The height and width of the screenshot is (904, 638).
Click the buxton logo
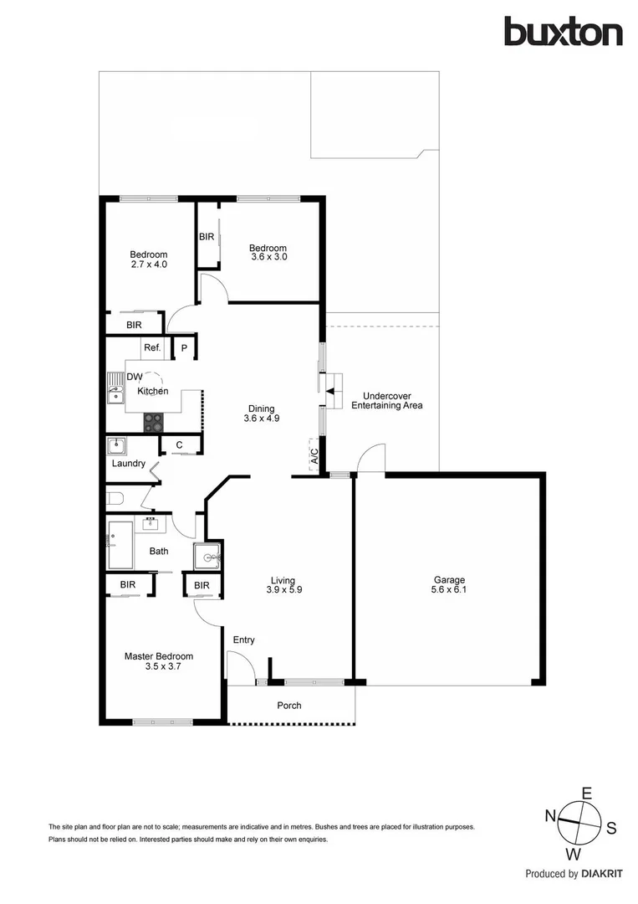coord(562,32)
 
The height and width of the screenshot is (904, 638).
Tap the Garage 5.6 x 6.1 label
coord(448,585)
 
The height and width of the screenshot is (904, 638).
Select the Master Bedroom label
coord(159,662)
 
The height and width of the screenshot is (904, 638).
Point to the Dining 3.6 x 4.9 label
coord(259,413)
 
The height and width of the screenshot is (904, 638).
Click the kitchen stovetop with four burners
coord(154,422)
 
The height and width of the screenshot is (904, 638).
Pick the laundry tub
coord(116,446)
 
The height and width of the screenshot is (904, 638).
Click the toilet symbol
coord(115,500)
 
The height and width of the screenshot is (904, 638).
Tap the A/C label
coord(314,457)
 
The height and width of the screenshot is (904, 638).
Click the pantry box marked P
coord(184,347)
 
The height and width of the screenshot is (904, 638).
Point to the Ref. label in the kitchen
coord(151,347)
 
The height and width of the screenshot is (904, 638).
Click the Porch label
coord(289,706)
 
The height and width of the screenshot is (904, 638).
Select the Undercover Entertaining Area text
coord(386,400)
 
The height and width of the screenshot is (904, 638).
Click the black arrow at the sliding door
coord(330,391)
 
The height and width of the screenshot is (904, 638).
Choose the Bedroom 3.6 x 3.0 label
coord(268,253)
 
